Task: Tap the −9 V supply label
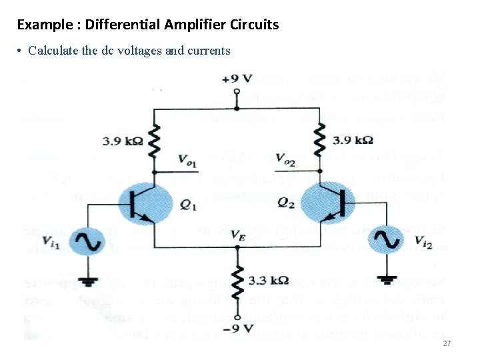(238, 328)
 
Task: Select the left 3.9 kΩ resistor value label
(123, 141)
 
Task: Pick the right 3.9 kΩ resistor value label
(353, 141)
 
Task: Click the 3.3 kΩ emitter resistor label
(269, 281)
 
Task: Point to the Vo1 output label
(187, 159)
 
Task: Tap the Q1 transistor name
(189, 206)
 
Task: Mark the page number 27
(447, 343)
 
